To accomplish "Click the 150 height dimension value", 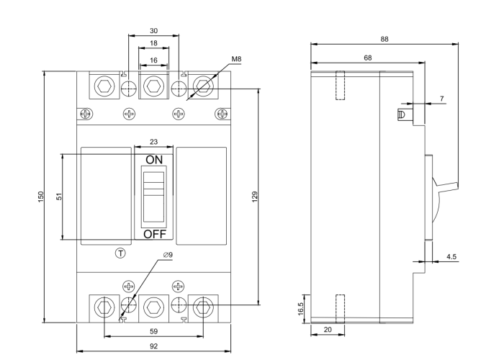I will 41,196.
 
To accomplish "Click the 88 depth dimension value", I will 384,40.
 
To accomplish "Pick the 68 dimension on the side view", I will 368,58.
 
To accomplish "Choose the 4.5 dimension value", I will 451,256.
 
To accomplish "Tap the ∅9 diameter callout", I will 168,254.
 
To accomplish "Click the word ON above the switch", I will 154,159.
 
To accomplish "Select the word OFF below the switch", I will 154,234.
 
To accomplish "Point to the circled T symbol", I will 120,253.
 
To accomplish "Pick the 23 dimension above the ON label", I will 153,143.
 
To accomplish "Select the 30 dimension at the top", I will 153,31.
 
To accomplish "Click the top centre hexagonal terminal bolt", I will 153,88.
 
